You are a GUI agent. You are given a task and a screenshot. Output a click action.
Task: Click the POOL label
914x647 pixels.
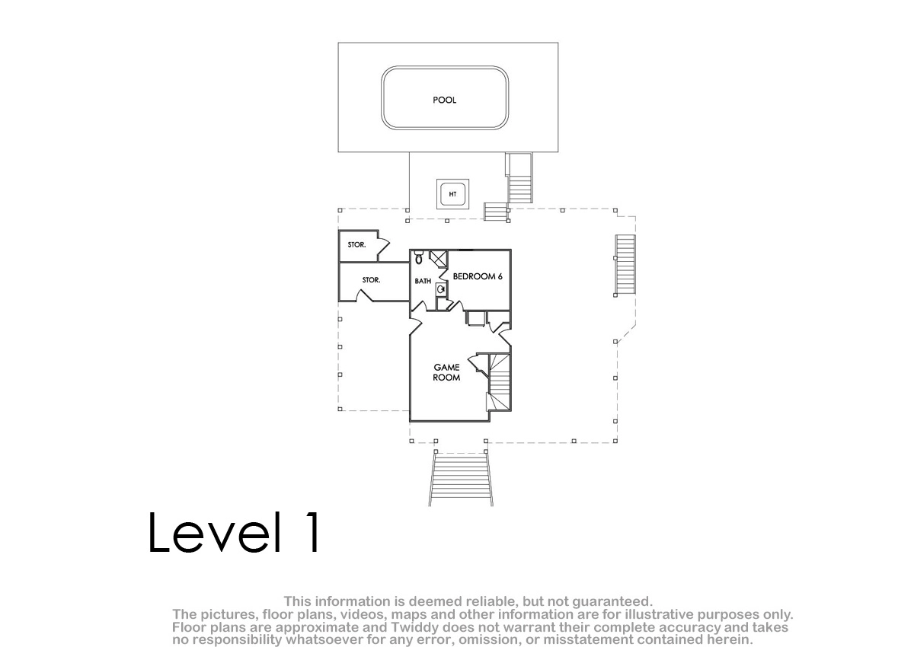(444, 100)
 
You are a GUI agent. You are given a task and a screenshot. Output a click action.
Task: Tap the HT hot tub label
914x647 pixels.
(452, 194)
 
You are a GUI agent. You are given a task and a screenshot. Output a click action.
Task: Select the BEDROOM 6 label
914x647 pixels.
(478, 276)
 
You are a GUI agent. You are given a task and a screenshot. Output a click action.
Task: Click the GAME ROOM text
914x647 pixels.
(446, 372)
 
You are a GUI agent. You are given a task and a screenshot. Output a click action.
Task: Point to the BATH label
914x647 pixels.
(423, 281)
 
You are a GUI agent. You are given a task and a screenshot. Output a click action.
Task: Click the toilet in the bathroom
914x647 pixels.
(419, 257)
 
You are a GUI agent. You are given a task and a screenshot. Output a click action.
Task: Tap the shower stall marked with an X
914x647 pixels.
(439, 259)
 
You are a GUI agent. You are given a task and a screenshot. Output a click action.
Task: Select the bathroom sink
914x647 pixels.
(441, 289)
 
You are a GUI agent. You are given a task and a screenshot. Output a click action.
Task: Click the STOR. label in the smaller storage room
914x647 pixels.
(356, 244)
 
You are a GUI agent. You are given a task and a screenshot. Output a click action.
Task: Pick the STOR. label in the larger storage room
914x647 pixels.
(372, 280)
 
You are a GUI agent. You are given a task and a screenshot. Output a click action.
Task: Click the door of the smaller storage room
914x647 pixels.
(384, 246)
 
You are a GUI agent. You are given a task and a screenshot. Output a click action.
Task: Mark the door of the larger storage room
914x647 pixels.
(365, 295)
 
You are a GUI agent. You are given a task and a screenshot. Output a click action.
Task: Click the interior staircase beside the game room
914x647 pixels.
(500, 382)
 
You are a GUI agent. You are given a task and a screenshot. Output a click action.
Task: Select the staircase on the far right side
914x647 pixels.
(625, 265)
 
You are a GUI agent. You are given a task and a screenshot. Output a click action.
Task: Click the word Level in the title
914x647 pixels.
(215, 533)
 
